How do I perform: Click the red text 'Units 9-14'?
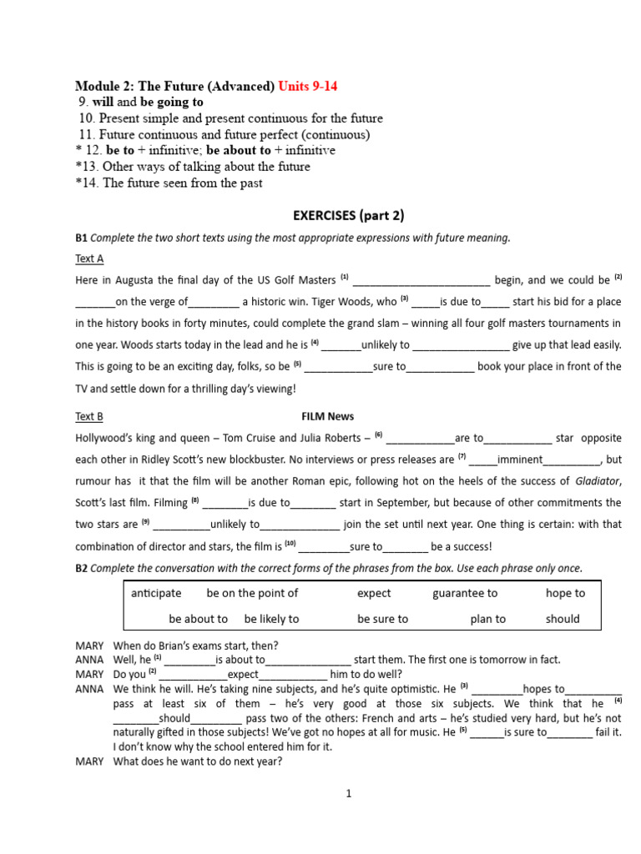click(308, 87)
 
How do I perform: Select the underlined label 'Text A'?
click(89, 259)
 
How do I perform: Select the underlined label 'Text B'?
click(89, 416)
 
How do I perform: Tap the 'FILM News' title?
click(327, 416)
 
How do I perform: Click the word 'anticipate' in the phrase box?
click(156, 593)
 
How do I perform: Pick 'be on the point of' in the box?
click(252, 593)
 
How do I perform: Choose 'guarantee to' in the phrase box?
click(465, 593)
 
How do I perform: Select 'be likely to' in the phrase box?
click(271, 619)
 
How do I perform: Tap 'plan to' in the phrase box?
click(488, 619)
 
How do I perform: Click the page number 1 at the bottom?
click(349, 793)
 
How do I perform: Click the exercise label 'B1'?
click(81, 238)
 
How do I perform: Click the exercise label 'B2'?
click(81, 568)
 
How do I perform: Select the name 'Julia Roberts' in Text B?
click(327, 438)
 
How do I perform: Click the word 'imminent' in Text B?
click(520, 460)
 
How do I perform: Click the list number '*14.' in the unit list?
click(86, 183)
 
